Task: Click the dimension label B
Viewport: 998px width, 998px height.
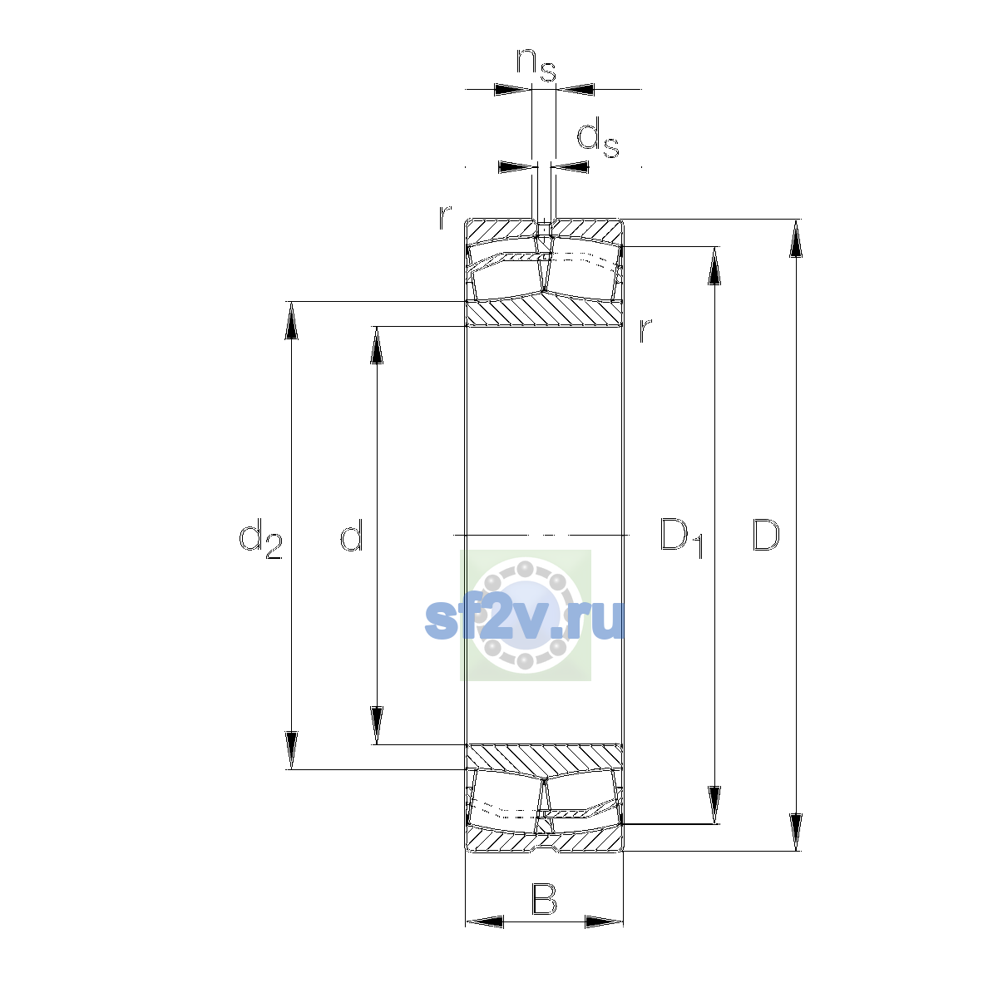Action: (x=544, y=900)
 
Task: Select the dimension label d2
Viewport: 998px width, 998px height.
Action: (x=260, y=539)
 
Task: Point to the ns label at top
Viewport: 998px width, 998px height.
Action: (x=536, y=65)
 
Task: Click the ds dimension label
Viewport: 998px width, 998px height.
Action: (x=598, y=137)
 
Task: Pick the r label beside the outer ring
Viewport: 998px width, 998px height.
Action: (x=445, y=217)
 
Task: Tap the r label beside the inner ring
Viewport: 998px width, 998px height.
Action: (x=645, y=330)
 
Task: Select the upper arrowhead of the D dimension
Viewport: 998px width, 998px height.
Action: (x=796, y=238)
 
